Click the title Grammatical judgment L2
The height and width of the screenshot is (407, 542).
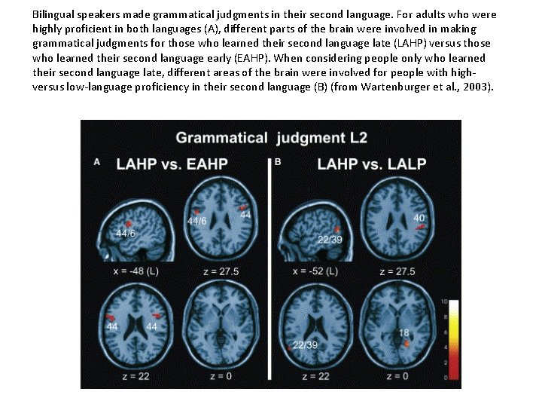[261, 138]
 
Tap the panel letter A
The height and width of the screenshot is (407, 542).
[96, 161]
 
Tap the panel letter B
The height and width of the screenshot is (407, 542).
[279, 161]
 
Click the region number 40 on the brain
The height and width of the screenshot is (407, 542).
[419, 218]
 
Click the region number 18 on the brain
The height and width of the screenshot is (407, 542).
[404, 332]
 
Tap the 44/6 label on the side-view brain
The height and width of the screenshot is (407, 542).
[126, 234]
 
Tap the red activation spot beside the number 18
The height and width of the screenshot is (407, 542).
[407, 343]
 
